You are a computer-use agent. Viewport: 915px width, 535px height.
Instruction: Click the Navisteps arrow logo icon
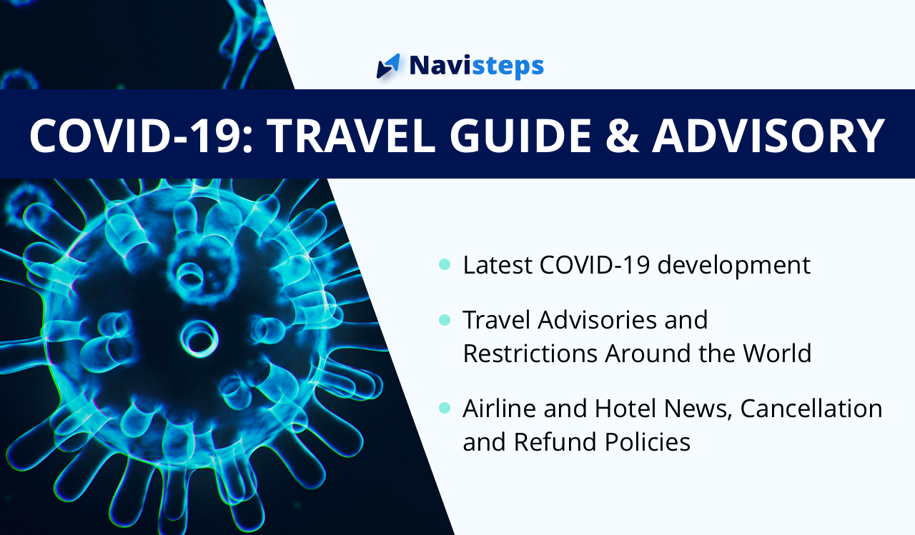[388, 66]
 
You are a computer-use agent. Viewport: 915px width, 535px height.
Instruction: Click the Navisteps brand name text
[476, 66]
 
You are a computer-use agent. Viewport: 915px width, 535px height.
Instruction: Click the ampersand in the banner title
[622, 136]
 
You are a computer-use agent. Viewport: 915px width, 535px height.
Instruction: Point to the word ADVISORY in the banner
[768, 136]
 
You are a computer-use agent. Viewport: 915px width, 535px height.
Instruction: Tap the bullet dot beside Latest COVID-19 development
[445, 264]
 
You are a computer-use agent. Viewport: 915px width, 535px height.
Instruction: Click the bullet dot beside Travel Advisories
[445, 319]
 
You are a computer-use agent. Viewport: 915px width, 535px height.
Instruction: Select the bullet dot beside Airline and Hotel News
[445, 408]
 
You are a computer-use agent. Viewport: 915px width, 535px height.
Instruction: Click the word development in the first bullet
[733, 266]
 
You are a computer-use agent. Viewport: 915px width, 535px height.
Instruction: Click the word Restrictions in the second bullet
[530, 353]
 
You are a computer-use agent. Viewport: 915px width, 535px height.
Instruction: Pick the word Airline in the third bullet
[499, 408]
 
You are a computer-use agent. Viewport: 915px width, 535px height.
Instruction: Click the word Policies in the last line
[648, 441]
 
